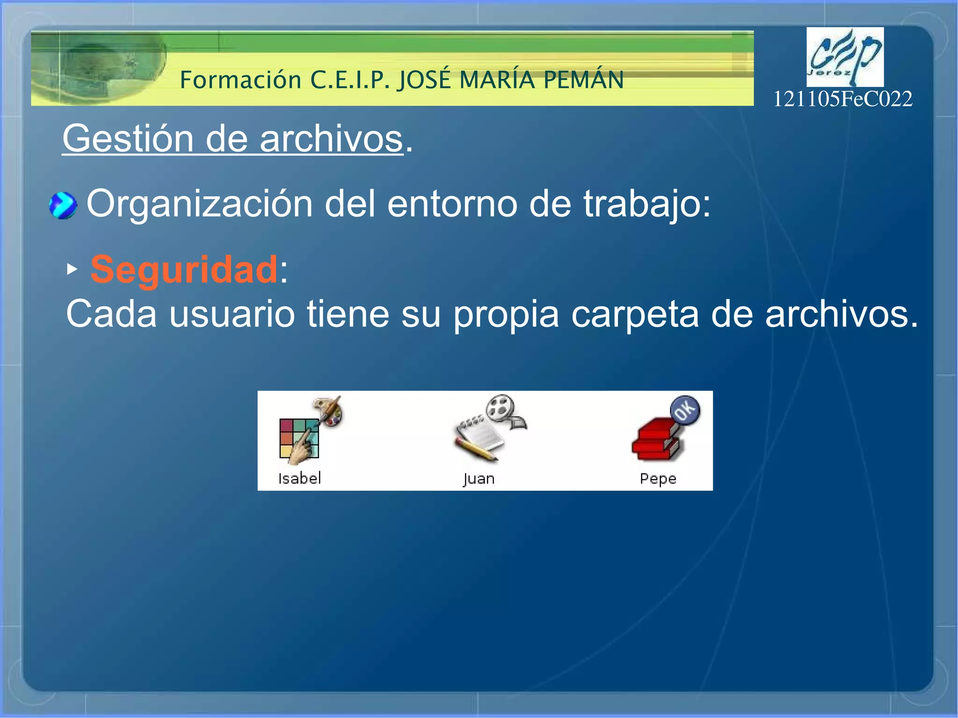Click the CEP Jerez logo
(845, 57)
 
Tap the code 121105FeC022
(842, 99)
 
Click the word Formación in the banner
(240, 80)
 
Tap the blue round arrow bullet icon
(63, 205)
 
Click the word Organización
(199, 204)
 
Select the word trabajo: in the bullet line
(646, 204)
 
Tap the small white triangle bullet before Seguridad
(72, 269)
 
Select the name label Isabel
(299, 479)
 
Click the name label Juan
(479, 479)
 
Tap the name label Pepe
(658, 479)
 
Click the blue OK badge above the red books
(685, 410)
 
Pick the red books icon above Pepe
(656, 440)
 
